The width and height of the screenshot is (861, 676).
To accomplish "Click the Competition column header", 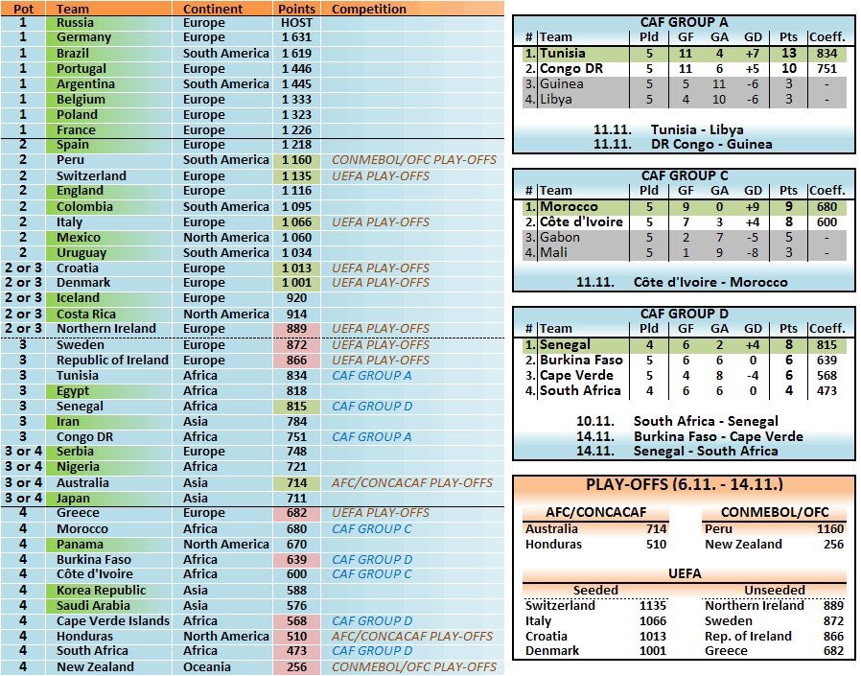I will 369,9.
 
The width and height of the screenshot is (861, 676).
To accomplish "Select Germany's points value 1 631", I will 296,37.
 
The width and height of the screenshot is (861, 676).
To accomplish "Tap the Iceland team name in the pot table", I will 78,298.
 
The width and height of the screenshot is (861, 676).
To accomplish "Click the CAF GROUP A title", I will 684,22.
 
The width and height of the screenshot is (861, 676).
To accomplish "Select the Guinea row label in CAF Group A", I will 562,84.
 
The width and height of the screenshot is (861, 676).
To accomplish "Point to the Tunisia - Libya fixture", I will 696,129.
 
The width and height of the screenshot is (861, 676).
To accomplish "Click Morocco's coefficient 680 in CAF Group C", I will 825,207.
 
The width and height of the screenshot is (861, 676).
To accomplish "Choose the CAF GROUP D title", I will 684,314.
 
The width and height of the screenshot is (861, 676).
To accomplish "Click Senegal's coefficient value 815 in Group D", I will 825,345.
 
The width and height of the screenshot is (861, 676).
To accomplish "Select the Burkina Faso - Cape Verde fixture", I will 718,436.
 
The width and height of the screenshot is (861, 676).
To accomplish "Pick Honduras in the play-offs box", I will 552,545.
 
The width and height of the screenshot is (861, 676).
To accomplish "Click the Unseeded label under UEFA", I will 769,590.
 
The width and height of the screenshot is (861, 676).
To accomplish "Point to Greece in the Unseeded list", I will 727,651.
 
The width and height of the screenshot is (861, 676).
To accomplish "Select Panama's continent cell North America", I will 226,545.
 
